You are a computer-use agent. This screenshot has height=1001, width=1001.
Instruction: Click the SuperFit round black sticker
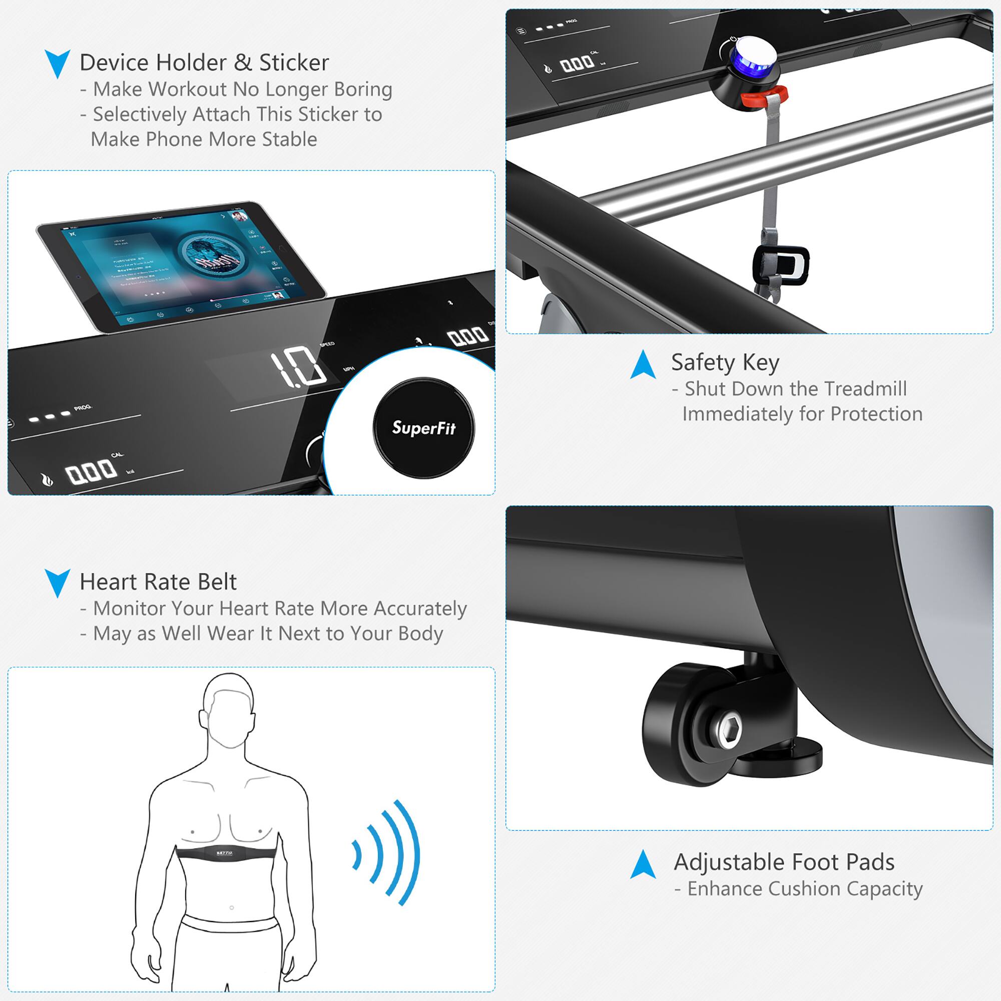pos(423,428)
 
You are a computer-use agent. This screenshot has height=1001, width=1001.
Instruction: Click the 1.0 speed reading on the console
pos(298,367)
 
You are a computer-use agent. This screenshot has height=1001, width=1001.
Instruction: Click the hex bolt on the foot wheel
pos(728,729)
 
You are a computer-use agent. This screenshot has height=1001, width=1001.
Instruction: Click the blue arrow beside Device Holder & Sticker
pos(57,63)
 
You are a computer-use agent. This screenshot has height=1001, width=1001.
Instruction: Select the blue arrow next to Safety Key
pos(643,365)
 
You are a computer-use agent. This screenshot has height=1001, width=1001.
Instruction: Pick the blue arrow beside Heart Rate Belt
pos(57,583)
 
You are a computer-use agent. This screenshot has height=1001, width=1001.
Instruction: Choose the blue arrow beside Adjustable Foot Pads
pos(643,864)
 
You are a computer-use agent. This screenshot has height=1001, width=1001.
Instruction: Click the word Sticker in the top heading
pos(294,63)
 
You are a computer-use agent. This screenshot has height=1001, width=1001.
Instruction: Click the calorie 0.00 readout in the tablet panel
pos(90,472)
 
